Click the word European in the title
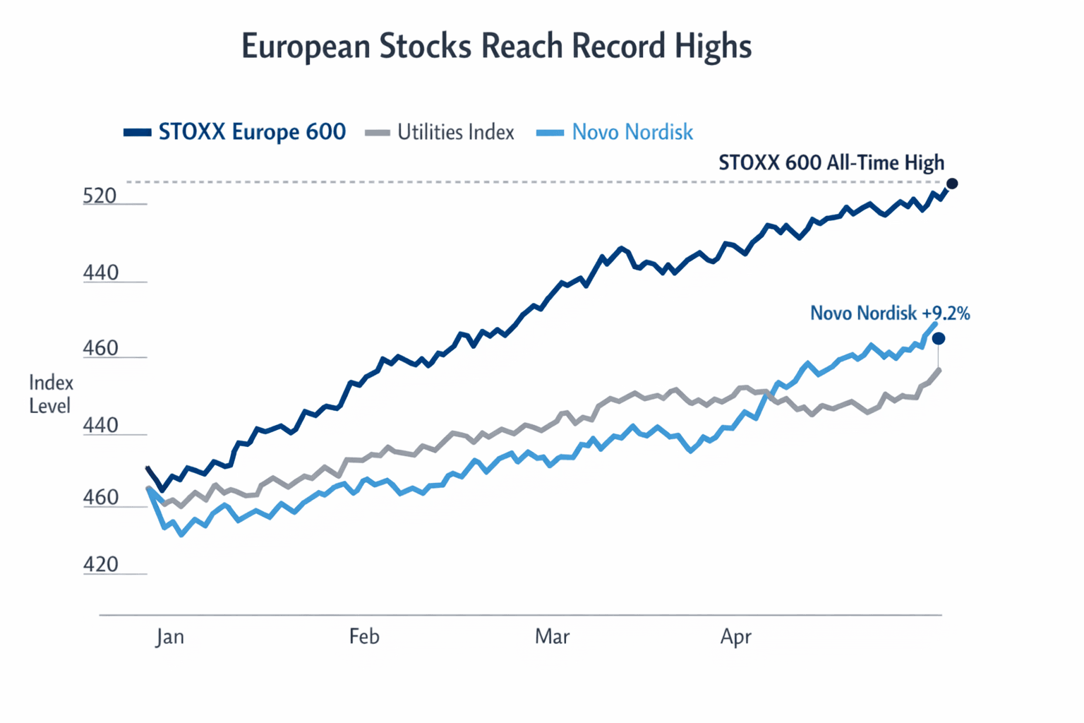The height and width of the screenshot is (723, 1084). (x=306, y=47)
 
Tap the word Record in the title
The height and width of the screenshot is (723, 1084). (x=618, y=46)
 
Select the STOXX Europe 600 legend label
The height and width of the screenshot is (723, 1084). (x=252, y=132)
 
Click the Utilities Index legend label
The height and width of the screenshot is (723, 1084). (x=455, y=132)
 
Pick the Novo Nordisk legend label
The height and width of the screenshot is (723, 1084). (x=632, y=132)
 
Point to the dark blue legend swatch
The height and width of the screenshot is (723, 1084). (x=137, y=132)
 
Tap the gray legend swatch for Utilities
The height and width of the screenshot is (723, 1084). (x=378, y=132)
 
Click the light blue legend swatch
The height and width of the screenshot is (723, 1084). (x=550, y=132)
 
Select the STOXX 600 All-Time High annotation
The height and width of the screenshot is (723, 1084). (x=831, y=163)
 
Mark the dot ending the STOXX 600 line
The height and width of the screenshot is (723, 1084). (x=952, y=184)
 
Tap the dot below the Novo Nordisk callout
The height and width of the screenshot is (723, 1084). (x=939, y=339)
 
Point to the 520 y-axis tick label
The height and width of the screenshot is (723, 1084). (x=100, y=196)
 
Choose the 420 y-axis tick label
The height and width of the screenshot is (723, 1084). (x=100, y=565)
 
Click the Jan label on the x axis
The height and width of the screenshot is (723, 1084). (x=170, y=637)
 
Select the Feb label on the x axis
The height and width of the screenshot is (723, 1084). (x=364, y=637)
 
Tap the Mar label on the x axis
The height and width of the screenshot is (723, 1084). (x=552, y=637)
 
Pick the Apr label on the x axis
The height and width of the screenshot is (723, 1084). (x=735, y=637)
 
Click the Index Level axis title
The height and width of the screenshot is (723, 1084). (x=51, y=394)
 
